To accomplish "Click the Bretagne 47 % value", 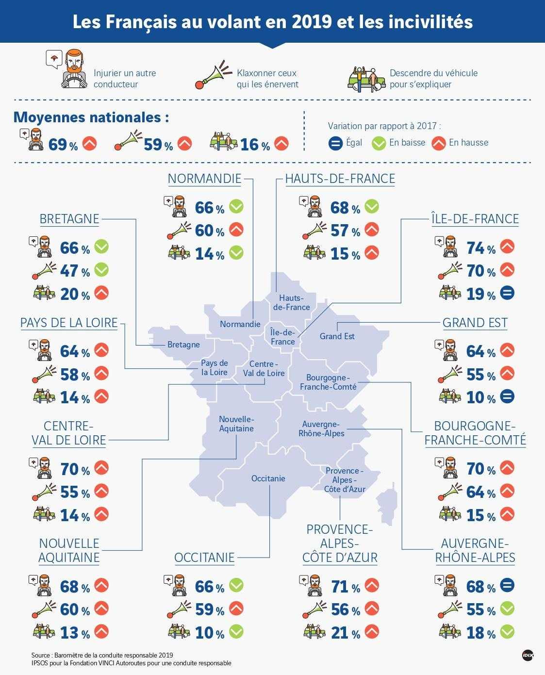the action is click(x=75, y=271).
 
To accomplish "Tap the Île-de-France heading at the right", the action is click(x=475, y=219).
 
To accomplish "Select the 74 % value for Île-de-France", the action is click(x=481, y=248).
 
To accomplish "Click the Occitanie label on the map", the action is click(x=268, y=478).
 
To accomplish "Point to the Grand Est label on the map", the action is click(x=337, y=336).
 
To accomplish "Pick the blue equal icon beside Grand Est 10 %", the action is click(x=507, y=396).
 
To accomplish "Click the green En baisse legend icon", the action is click(x=379, y=143).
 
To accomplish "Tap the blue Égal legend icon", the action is click(x=335, y=143).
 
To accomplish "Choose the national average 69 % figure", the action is click(x=63, y=145).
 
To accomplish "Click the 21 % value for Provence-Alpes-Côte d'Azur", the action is click(x=346, y=633).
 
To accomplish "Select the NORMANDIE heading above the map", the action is click(x=204, y=179).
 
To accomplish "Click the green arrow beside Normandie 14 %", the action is click(x=236, y=253).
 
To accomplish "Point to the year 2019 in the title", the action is click(x=312, y=22).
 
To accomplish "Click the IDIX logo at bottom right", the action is click(x=528, y=656).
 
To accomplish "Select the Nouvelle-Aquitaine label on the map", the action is click(x=236, y=424).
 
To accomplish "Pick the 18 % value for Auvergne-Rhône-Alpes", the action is click(x=481, y=633).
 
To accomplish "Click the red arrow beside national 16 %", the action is click(x=281, y=143).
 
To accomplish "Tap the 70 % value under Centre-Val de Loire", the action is click(x=75, y=469).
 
